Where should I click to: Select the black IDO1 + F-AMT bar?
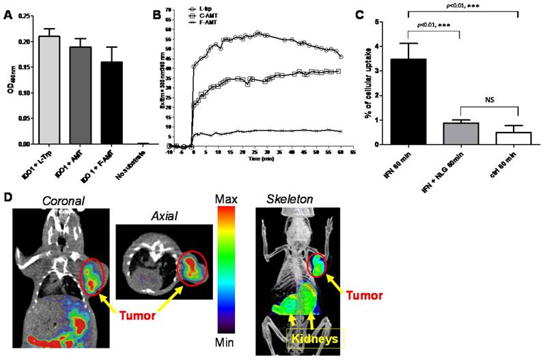point(111,103)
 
